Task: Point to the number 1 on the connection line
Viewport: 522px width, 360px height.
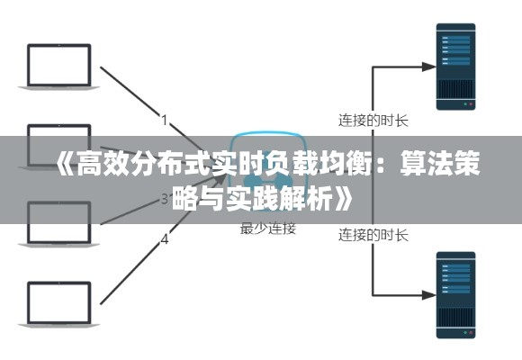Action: (165, 119)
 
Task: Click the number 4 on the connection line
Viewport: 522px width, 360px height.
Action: (165, 239)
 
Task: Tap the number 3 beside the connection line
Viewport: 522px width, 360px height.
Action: (165, 198)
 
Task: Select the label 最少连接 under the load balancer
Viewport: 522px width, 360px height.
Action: (267, 229)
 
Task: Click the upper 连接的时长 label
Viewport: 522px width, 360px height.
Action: (373, 118)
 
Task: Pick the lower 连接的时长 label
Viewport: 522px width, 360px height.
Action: (373, 236)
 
